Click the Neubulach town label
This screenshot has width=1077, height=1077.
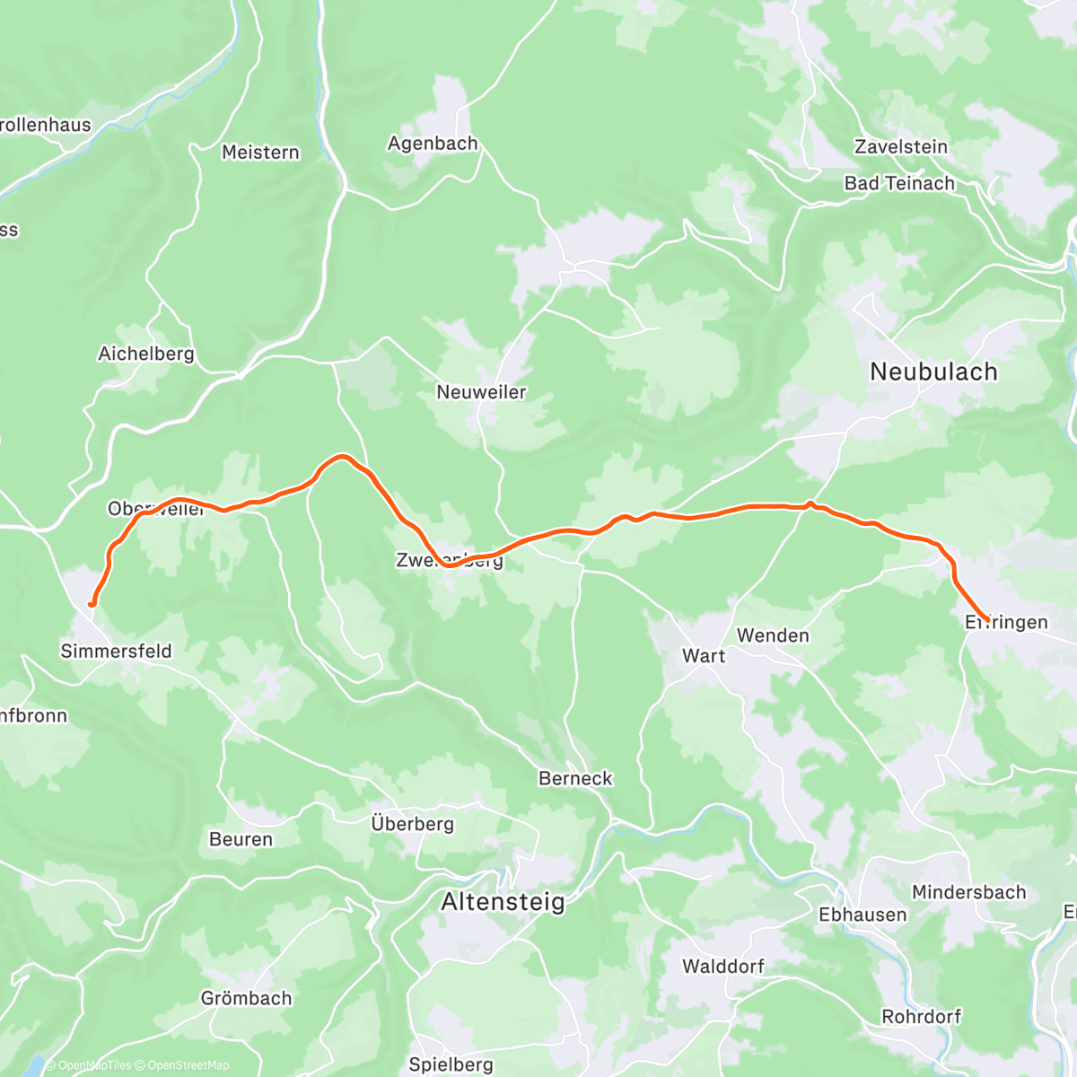[x=933, y=372]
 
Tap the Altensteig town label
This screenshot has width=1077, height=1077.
[x=503, y=902]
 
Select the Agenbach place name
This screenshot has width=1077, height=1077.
[x=433, y=144]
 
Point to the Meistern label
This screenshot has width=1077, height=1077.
[x=260, y=153]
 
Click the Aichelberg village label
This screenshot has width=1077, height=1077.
[x=146, y=354]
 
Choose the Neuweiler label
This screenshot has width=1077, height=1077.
[x=481, y=392]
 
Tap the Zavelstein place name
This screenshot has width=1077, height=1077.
[x=900, y=146]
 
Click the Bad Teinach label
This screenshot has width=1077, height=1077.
[x=899, y=183]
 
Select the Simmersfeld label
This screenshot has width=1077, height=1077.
[x=116, y=651]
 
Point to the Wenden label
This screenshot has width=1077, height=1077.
[x=773, y=635]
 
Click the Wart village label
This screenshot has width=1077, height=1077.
[x=704, y=656]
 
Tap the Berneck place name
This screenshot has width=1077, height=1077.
[x=575, y=778]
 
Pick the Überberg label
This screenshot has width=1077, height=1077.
[x=412, y=823]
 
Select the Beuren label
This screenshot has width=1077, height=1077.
[x=241, y=839]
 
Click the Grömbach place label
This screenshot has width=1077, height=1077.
[x=246, y=998]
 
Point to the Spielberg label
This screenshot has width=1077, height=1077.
[x=451, y=1064]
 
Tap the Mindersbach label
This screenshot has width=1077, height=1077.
[x=968, y=892]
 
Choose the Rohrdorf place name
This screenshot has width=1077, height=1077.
[x=921, y=1017]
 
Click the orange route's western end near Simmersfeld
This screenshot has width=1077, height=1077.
[x=92, y=604]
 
